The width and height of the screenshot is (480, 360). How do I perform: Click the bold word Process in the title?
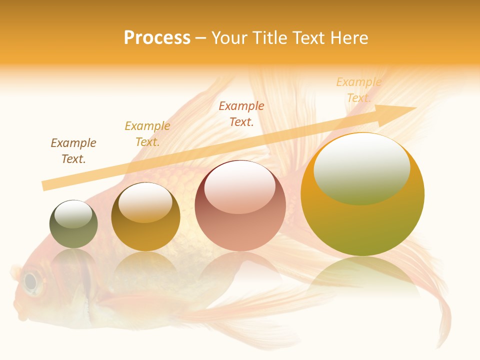coord(157,37)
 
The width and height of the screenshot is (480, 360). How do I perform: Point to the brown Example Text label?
coord(73,151)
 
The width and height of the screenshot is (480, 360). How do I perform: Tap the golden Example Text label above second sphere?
coord(147,134)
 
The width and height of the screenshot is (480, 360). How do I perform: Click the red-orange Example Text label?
coord(241,113)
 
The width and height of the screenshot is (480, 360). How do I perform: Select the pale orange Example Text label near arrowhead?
coord(358,90)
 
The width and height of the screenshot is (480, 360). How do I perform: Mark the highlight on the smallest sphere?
coord(73,214)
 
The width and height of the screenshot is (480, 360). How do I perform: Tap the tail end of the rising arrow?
coord(45,185)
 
